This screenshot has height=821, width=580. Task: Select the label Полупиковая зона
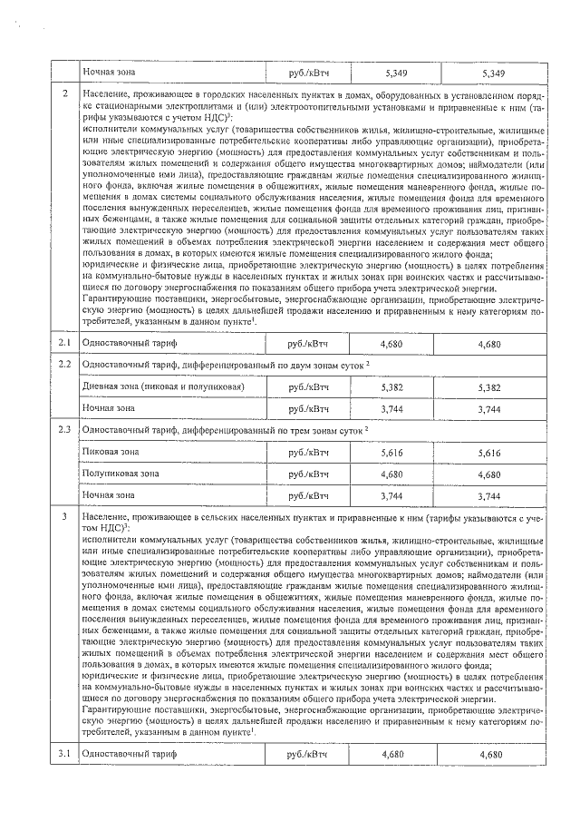point(121,474)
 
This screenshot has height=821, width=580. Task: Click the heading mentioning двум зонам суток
point(227,365)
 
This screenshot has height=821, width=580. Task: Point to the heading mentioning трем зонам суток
point(227,428)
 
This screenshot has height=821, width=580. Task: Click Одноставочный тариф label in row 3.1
point(127,755)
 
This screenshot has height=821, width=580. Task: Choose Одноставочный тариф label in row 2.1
point(127,345)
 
